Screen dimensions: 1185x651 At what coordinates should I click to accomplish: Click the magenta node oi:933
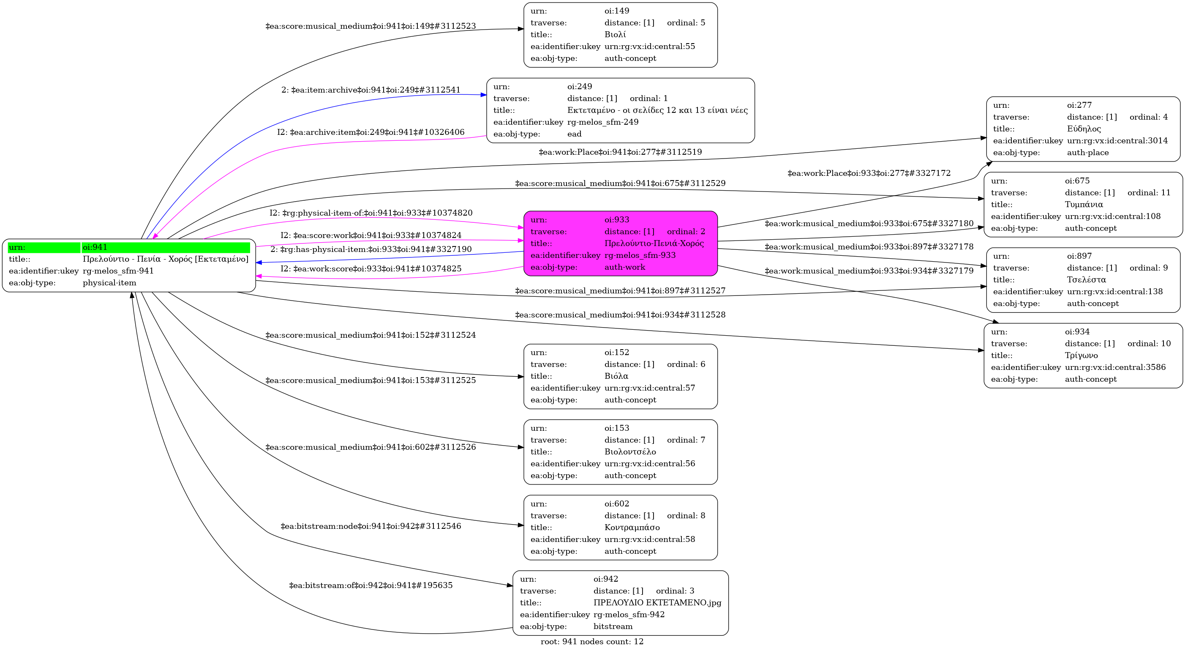click(x=621, y=243)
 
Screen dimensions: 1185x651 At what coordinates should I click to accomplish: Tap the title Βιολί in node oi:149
click(x=615, y=35)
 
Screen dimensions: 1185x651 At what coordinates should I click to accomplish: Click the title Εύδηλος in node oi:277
click(x=1083, y=129)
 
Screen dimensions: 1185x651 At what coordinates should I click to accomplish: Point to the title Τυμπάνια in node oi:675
click(x=1084, y=205)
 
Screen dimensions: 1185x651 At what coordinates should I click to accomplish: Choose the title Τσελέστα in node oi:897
click(x=1087, y=279)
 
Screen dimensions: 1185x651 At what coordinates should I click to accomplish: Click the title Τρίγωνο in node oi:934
click(x=1081, y=356)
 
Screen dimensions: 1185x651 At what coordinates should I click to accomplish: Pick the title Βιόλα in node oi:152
click(x=616, y=376)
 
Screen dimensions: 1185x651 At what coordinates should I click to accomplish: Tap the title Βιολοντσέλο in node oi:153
click(x=630, y=451)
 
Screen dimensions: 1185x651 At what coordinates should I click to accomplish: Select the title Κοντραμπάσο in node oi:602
click(x=632, y=527)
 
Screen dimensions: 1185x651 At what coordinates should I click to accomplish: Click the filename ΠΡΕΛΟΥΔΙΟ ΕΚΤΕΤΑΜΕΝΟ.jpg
click(x=657, y=603)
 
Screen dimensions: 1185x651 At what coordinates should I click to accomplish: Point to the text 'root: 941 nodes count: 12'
click(x=592, y=641)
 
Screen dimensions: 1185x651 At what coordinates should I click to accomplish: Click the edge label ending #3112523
click(x=371, y=26)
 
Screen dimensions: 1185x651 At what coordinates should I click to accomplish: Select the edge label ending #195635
click(x=371, y=585)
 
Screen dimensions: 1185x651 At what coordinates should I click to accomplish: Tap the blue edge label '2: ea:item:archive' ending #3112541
click(x=371, y=90)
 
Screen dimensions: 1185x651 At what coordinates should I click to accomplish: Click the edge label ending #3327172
click(x=869, y=173)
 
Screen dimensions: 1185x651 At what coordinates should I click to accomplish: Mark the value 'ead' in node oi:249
click(x=575, y=134)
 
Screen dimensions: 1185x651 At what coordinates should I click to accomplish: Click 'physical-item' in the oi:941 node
click(x=109, y=283)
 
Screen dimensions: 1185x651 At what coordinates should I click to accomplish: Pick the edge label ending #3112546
click(x=371, y=526)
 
